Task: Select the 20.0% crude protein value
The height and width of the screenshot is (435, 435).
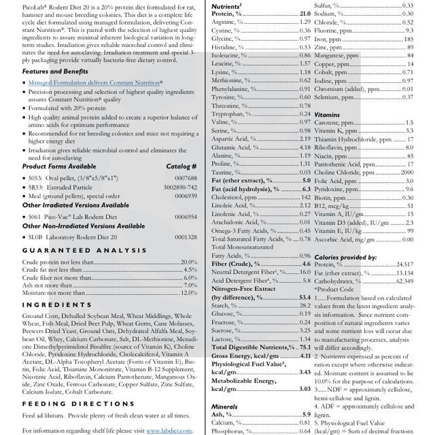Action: [x=188, y=262]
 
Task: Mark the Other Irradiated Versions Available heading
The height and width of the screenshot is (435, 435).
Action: [x=75, y=205]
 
